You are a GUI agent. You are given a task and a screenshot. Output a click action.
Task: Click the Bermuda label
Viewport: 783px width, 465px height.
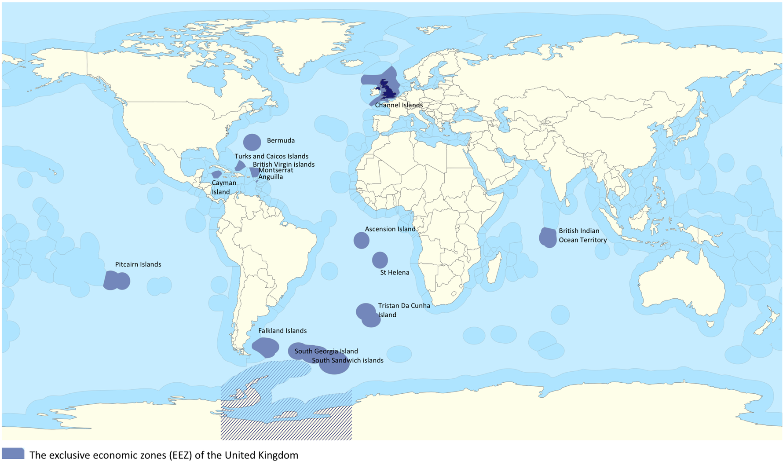(281, 140)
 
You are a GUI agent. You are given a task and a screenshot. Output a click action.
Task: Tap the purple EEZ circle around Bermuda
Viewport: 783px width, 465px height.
(252, 143)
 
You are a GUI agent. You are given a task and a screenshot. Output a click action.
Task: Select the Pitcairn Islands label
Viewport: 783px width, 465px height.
(138, 264)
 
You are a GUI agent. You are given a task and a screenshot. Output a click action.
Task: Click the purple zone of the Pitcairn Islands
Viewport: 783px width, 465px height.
(116, 281)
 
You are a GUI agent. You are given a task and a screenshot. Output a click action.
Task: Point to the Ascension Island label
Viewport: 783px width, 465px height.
(390, 229)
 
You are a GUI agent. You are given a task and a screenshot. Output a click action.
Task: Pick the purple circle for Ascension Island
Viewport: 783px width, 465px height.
(361, 241)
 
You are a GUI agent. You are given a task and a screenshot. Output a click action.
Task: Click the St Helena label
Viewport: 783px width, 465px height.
(395, 272)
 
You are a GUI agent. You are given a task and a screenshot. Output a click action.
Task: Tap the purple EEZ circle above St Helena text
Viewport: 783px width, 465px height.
(380, 260)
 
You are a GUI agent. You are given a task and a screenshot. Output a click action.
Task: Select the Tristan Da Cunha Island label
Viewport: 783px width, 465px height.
(403, 310)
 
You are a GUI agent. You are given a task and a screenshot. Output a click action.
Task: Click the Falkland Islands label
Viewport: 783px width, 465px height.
(282, 331)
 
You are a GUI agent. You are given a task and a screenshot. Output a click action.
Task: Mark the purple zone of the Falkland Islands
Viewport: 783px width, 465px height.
(266, 347)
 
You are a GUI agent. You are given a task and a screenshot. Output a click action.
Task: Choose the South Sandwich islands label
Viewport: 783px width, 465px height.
(348, 360)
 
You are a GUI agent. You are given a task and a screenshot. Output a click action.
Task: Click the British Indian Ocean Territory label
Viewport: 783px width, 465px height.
(582, 235)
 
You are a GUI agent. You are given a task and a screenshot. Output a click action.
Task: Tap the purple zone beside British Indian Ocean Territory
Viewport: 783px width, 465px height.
(548, 238)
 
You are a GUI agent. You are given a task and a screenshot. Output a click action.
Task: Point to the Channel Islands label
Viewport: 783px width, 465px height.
(399, 105)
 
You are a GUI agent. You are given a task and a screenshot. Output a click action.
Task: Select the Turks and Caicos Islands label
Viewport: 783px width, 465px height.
(271, 156)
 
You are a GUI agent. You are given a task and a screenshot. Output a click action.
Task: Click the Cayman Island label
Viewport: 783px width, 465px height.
(223, 187)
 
